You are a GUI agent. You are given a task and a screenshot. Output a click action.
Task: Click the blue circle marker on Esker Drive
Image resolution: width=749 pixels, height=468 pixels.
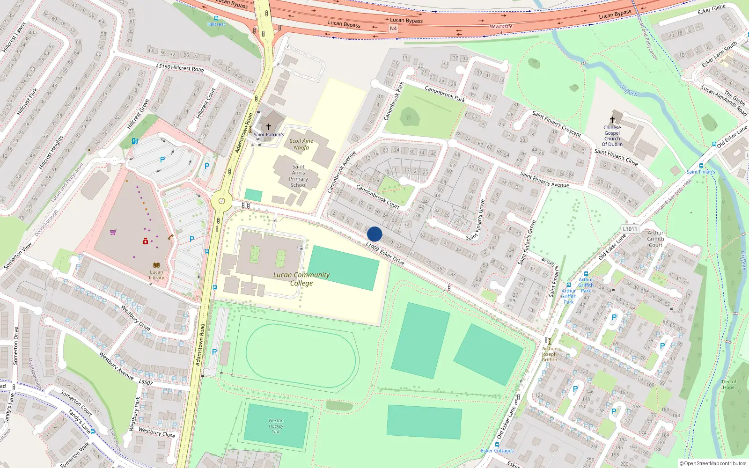coord(374,234)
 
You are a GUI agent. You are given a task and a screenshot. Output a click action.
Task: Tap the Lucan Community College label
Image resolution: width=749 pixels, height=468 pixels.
coord(301,279)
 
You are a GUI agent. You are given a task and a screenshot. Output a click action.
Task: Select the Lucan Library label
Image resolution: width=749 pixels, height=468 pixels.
coord(156,275)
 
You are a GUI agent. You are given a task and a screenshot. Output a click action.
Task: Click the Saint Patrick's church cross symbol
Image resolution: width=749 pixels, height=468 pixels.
coord(269,126)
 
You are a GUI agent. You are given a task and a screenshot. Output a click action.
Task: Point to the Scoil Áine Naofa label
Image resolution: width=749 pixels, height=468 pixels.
coord(301,144)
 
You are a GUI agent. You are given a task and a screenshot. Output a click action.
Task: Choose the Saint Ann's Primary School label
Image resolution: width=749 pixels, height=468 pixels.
coord(298,176)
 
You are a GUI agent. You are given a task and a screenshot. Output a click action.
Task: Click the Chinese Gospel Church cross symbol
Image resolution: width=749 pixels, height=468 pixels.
coord(612,120)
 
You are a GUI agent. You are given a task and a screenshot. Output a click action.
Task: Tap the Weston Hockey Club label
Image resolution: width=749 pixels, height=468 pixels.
coord(276,426)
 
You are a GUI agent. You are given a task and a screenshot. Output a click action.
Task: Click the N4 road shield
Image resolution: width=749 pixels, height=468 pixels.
coord(393,29)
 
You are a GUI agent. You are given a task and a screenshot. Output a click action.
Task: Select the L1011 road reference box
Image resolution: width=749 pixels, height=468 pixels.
coord(630,229)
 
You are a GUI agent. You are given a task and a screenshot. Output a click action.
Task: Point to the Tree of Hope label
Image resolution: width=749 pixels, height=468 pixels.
coord(728,384)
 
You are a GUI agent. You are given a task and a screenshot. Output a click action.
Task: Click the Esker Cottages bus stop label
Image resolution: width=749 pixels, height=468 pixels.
coord(497,451)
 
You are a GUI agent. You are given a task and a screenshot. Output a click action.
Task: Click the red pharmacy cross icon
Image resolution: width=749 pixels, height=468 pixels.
coord(146,241)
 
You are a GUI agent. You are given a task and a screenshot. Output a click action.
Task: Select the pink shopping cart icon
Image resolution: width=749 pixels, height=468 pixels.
coord(113,232)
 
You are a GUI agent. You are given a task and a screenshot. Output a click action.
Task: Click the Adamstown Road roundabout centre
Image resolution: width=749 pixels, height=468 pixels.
coord(221,202)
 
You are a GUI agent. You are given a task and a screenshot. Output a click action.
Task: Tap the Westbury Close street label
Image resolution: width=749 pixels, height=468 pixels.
coord(157,432)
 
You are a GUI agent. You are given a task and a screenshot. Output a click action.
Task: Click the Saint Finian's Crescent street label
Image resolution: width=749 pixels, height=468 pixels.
coord(557,124)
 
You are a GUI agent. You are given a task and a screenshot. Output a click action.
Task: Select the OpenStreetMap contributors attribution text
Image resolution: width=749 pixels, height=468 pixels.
coord(712,463)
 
